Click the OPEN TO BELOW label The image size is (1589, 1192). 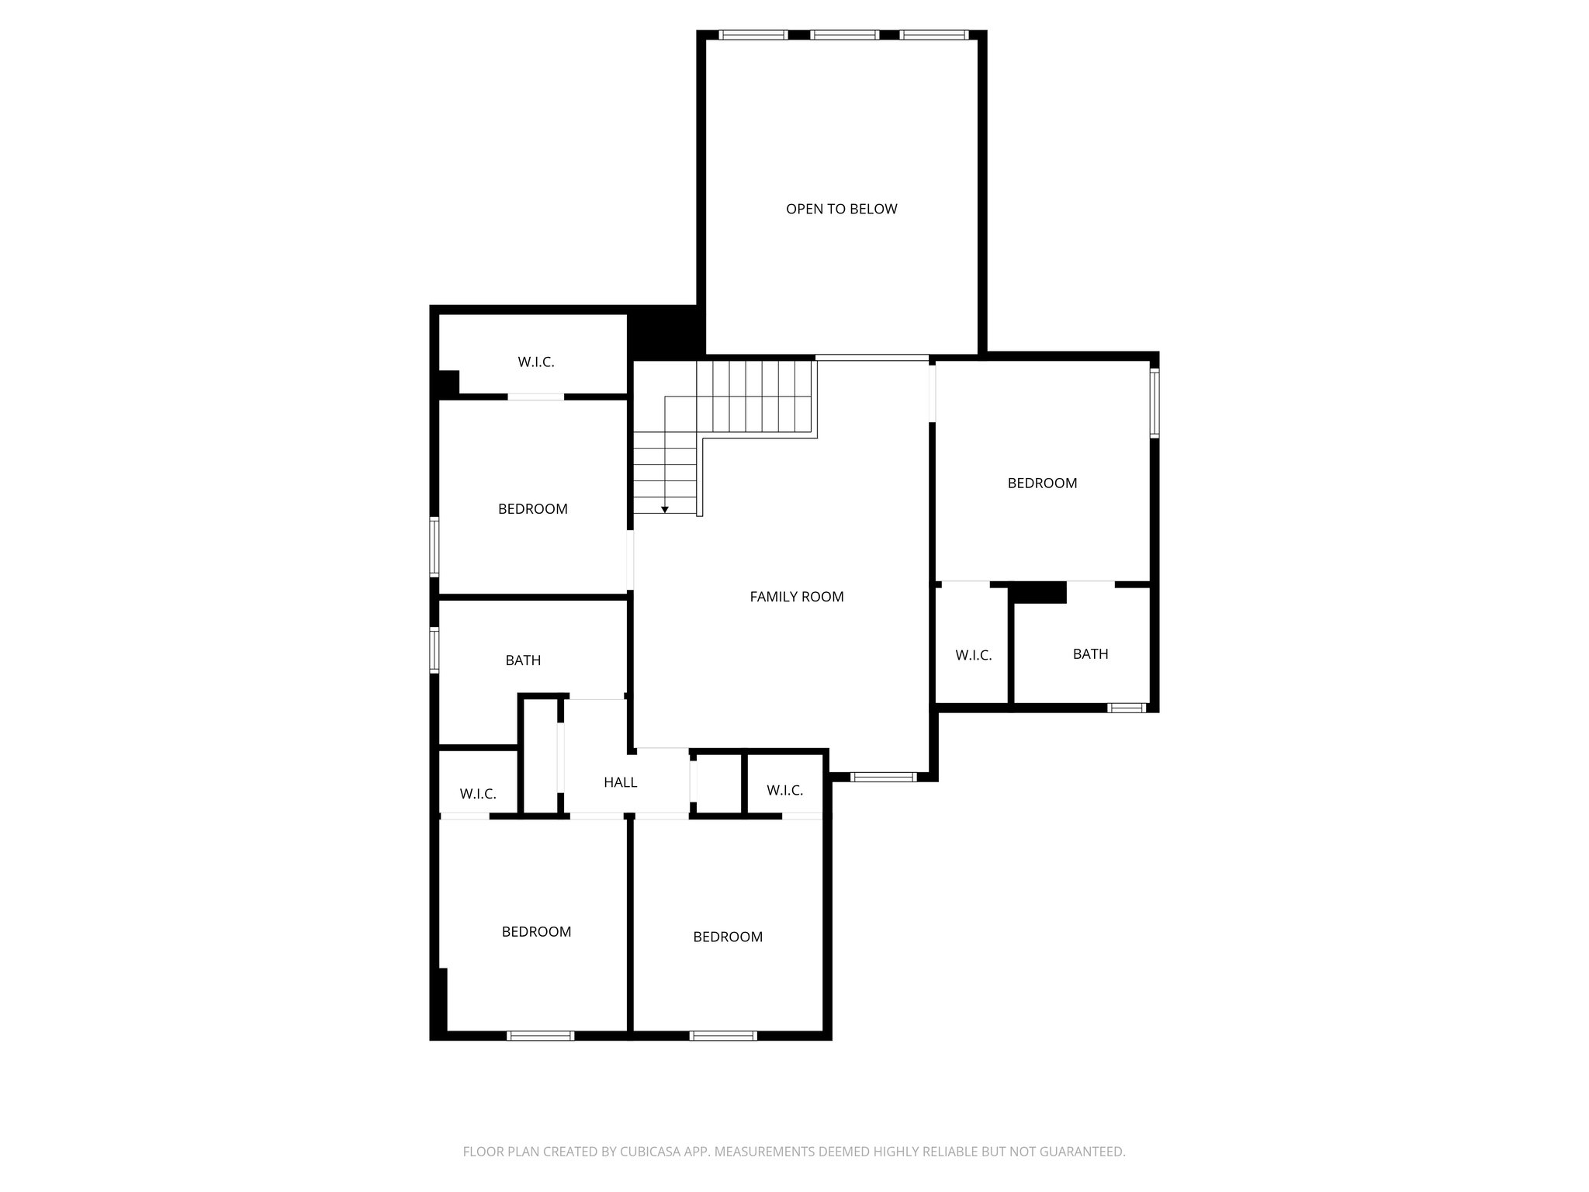click(x=841, y=209)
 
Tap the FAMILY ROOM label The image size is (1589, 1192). click(x=796, y=597)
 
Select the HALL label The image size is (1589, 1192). click(x=620, y=782)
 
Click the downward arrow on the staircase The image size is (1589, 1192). click(x=665, y=509)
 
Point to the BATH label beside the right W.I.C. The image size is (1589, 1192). click(x=1090, y=654)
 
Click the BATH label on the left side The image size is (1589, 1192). click(x=523, y=660)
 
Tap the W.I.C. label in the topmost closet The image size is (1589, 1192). click(x=536, y=362)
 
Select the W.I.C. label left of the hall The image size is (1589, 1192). click(x=477, y=794)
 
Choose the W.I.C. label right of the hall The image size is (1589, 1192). click(x=784, y=791)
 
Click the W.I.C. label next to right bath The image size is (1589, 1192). click(x=973, y=656)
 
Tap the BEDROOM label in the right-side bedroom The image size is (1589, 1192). click(x=1042, y=483)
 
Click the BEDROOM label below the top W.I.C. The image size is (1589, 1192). click(x=532, y=509)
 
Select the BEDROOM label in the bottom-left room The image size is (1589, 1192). click(x=536, y=932)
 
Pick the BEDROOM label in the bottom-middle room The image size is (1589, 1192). click(x=727, y=937)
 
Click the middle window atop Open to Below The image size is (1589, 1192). click(x=844, y=35)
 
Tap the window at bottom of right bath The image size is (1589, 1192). click(x=1126, y=708)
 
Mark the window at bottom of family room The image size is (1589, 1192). click(x=884, y=777)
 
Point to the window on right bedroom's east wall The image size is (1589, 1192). click(x=1154, y=403)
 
